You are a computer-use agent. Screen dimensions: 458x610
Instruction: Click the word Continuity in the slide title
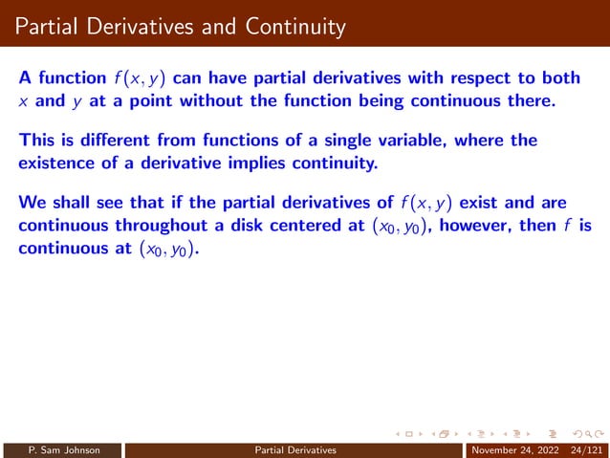tap(289, 28)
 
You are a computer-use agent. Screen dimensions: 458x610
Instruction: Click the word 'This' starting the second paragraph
tap(36, 142)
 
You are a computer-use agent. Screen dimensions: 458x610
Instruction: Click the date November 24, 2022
tap(509, 449)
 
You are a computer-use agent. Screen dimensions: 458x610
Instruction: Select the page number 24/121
tap(584, 449)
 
